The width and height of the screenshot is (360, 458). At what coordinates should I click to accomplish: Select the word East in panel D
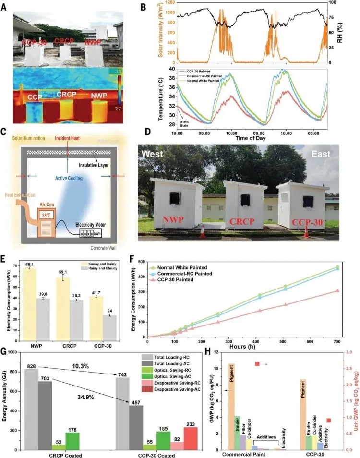pyautogui.click(x=331, y=156)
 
